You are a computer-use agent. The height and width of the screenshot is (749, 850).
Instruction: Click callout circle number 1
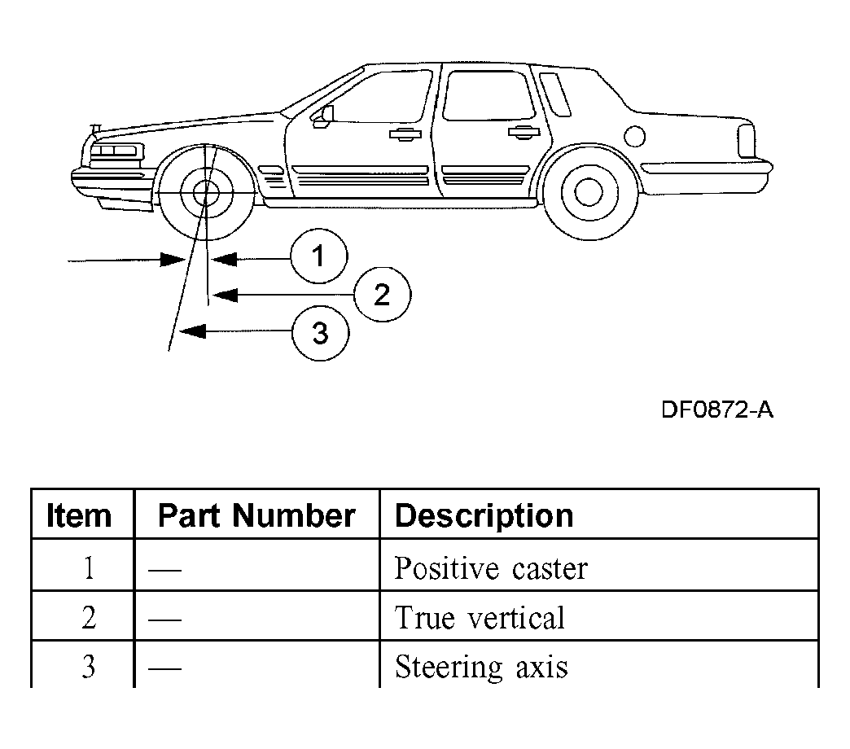point(319,256)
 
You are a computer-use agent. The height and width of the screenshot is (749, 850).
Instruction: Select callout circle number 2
point(382,294)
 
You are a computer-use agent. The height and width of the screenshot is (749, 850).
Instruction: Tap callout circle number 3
point(320,333)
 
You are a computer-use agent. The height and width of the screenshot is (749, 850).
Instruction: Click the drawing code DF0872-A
point(717,410)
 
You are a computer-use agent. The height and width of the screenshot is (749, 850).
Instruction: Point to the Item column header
point(79,515)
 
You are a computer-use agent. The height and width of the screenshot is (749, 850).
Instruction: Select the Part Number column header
point(256,515)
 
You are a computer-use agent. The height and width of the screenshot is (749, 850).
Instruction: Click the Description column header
point(484,515)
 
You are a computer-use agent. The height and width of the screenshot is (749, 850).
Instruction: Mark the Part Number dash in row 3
point(164,668)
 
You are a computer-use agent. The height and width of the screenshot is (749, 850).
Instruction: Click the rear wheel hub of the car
point(589,192)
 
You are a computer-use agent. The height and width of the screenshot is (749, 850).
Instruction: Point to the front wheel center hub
point(206,192)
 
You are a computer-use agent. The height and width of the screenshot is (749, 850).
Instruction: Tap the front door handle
point(405,134)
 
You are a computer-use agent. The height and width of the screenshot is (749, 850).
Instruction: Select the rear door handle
point(524,132)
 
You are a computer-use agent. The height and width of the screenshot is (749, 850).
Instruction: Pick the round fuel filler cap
point(634,136)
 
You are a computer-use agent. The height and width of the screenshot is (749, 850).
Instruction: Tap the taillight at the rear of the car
point(747,140)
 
